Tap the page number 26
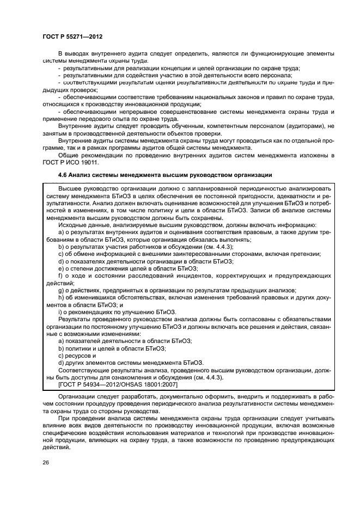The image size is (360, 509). tap(46, 462)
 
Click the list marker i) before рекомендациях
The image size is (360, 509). tap(59, 311)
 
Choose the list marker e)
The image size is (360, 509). tap(61, 268)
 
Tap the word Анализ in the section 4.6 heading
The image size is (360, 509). tap(82, 175)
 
